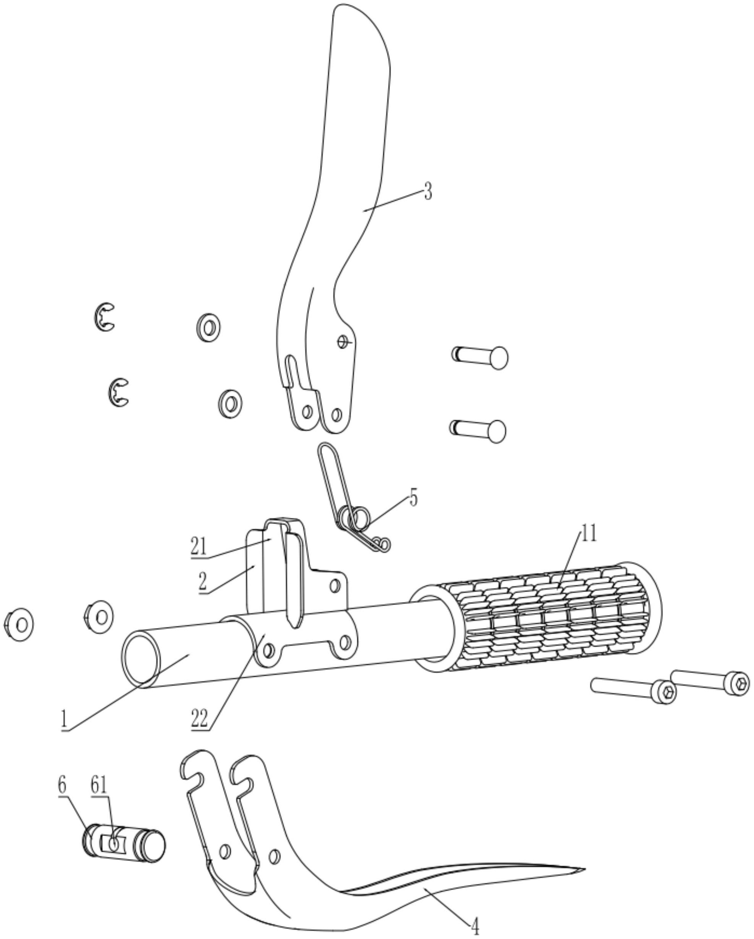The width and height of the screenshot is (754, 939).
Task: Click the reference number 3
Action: (x=428, y=191)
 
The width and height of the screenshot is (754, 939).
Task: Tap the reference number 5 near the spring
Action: (x=413, y=497)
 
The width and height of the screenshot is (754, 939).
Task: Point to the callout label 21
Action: (x=198, y=547)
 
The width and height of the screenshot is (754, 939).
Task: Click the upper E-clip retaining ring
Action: (x=104, y=317)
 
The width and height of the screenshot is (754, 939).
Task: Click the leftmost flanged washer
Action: (x=19, y=624)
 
